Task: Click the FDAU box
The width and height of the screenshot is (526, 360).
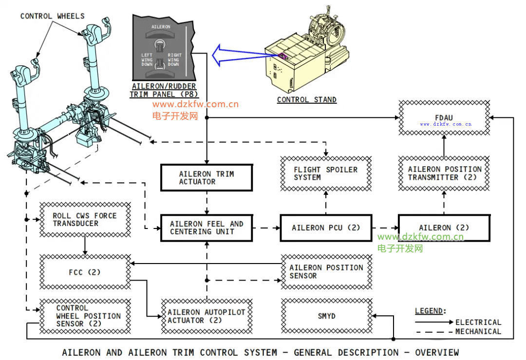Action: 444,117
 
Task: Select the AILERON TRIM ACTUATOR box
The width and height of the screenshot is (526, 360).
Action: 207,178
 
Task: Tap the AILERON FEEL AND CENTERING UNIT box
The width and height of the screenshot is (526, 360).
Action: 207,228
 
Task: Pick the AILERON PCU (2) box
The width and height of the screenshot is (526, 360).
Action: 326,228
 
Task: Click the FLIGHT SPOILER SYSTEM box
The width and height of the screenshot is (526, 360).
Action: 326,173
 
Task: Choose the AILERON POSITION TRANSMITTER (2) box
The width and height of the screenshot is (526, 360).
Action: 444,173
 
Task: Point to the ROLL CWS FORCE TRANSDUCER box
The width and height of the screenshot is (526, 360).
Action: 85,220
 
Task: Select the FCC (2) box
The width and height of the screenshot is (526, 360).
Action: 85,272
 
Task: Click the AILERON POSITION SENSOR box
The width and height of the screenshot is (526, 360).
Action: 326,272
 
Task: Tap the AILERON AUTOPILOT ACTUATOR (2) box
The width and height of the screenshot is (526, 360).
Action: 207,316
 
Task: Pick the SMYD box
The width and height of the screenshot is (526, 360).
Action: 326,316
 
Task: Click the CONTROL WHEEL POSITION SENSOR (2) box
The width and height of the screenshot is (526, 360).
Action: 85,316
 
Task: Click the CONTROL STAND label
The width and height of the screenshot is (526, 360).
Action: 306,100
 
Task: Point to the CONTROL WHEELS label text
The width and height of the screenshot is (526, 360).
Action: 52,16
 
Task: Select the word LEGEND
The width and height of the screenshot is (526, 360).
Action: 430,311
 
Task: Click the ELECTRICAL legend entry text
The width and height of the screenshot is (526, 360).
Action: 478,322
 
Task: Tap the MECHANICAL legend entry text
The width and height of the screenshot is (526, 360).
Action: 478,332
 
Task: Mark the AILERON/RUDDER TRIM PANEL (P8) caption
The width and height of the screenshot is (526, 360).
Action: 163,91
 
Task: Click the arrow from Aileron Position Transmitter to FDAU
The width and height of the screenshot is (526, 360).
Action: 444,145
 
